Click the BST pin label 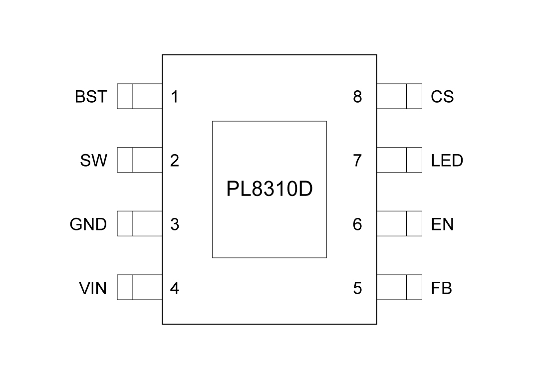(x=91, y=96)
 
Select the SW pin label (x=93, y=161)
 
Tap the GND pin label (x=88, y=224)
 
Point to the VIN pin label (x=93, y=288)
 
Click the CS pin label (x=442, y=96)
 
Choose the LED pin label (x=447, y=161)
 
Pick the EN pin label (x=442, y=224)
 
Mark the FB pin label (x=441, y=288)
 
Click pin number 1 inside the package (x=174, y=96)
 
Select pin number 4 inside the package (x=174, y=288)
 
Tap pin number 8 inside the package (x=357, y=96)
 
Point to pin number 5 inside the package (x=357, y=288)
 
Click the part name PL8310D (x=269, y=189)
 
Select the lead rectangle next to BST (x=140, y=96)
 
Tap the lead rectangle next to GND (x=140, y=224)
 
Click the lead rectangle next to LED (x=399, y=160)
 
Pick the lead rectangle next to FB (x=399, y=288)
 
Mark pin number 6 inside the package (x=357, y=224)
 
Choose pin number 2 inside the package (x=174, y=161)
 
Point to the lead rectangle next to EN (x=399, y=224)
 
